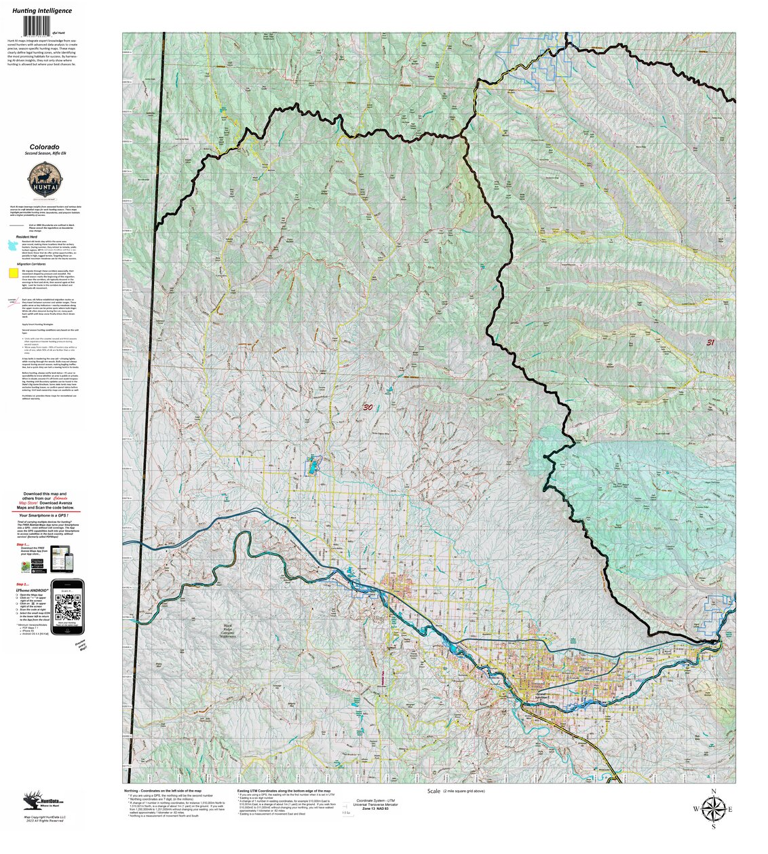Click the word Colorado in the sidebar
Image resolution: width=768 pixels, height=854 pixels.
tap(44, 147)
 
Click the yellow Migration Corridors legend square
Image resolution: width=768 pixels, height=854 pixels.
tap(13, 273)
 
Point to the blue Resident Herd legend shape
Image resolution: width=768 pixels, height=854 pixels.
tap(13, 244)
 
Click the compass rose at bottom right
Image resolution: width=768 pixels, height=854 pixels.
tap(712, 809)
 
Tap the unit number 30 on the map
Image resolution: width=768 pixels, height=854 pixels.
tap(368, 407)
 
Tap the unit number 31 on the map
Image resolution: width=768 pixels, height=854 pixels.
tap(710, 343)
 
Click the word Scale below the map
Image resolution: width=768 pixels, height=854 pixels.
tap(434, 792)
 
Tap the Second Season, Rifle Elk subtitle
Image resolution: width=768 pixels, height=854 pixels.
tap(44, 154)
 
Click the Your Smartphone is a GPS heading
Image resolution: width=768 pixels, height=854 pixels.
tap(47, 515)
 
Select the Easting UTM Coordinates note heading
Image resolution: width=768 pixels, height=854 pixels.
tap(284, 791)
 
